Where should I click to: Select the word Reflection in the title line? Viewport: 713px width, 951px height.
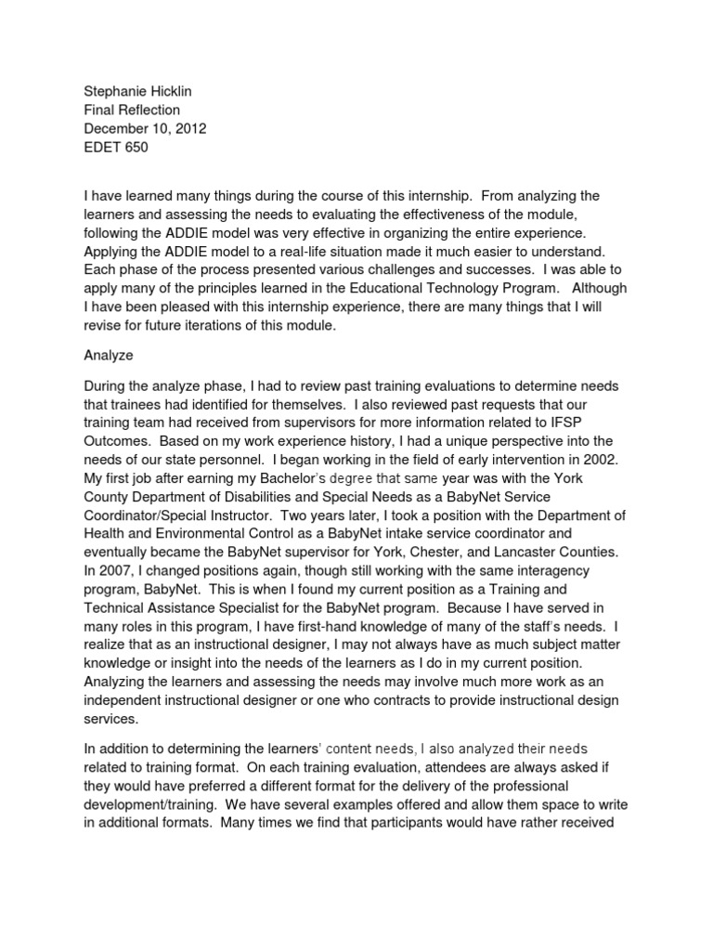point(148,110)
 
